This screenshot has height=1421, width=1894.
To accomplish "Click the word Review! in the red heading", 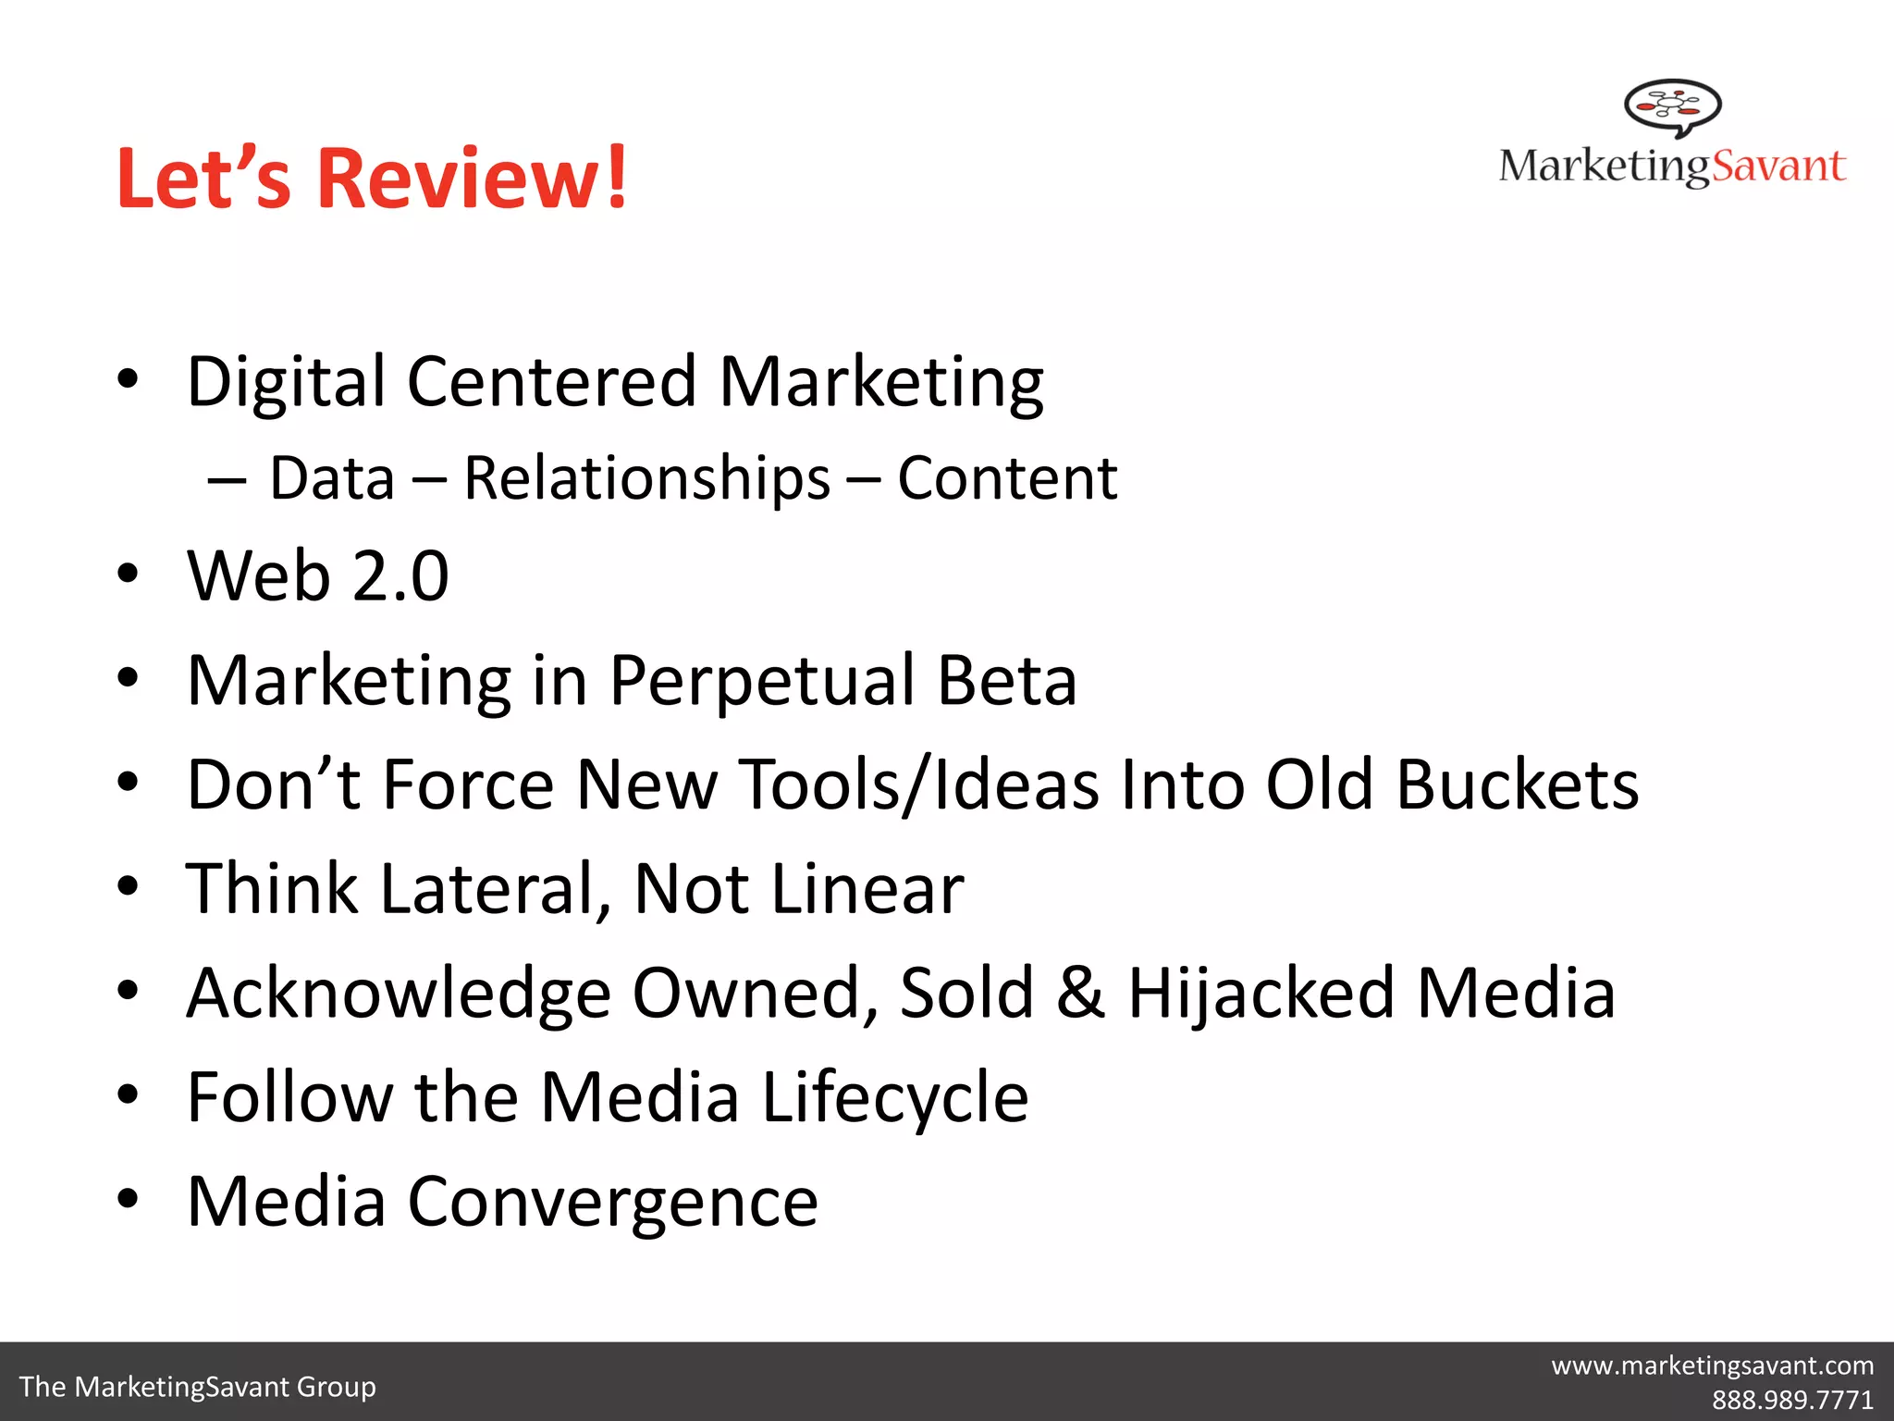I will pos(473,178).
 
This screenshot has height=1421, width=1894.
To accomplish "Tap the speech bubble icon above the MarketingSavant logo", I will pos(1673,106).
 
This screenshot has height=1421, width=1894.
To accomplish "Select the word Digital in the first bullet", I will pos(286,381).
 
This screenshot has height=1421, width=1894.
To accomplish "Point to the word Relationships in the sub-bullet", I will pos(646,479).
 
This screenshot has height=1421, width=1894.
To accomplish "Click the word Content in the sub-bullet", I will pos(1007,479).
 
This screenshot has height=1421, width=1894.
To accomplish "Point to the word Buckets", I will pos(1518,785).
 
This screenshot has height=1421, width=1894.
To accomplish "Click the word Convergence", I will pos(613,1202).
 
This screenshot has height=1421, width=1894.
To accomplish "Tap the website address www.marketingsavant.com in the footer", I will pos(1713,1365).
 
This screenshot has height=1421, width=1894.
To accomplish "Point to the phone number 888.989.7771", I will pos(1792,1399).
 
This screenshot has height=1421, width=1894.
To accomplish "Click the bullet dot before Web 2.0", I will pos(128,575).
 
